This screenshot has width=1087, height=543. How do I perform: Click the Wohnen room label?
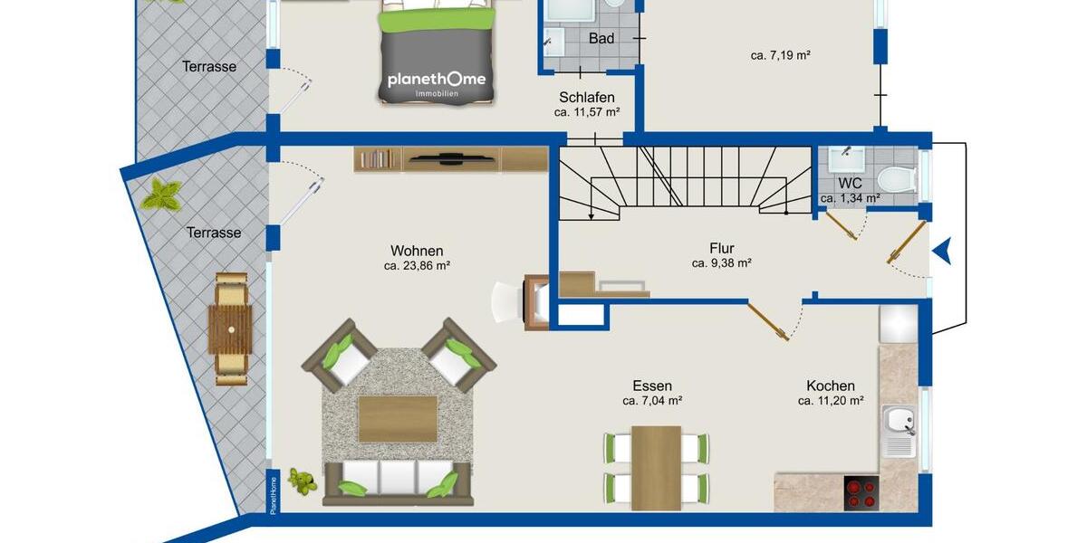[417, 251]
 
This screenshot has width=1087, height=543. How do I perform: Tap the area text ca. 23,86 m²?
[417, 266]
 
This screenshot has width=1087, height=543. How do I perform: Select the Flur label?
[721, 248]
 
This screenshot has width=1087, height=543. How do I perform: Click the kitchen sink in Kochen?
[899, 421]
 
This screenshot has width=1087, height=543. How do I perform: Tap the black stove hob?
[861, 493]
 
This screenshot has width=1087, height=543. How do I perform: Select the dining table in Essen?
[656, 467]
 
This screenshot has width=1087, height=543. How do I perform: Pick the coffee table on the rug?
[398, 418]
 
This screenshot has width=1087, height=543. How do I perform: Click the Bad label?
[601, 39]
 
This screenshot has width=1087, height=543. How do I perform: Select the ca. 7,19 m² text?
[780, 55]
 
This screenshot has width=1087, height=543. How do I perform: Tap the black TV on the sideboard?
[449, 160]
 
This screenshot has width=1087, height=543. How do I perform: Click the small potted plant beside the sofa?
[302, 481]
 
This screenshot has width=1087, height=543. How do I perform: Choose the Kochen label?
[830, 386]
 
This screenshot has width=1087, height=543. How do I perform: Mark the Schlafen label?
[587, 98]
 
